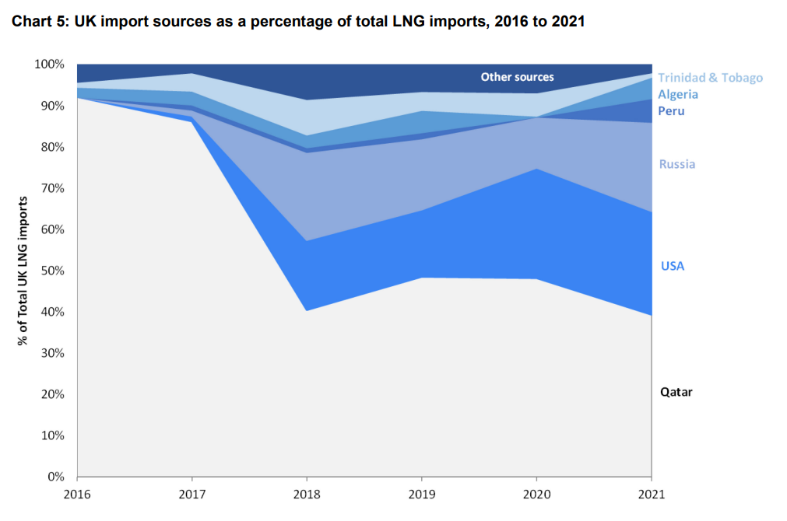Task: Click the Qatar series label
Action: [x=676, y=392]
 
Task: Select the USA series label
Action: [x=672, y=266]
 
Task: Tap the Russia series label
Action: [x=676, y=164]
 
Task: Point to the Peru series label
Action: [x=671, y=111]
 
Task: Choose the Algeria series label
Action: [x=677, y=95]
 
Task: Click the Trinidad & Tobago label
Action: [x=710, y=78]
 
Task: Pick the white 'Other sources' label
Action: [x=517, y=77]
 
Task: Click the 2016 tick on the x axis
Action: [x=77, y=494]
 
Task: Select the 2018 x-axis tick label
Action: [x=307, y=494]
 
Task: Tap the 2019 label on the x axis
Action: [x=421, y=494]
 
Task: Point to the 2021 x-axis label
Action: [x=652, y=494]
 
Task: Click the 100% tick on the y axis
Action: [x=50, y=65]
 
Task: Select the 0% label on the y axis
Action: [x=56, y=477]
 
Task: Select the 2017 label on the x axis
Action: [x=191, y=494]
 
